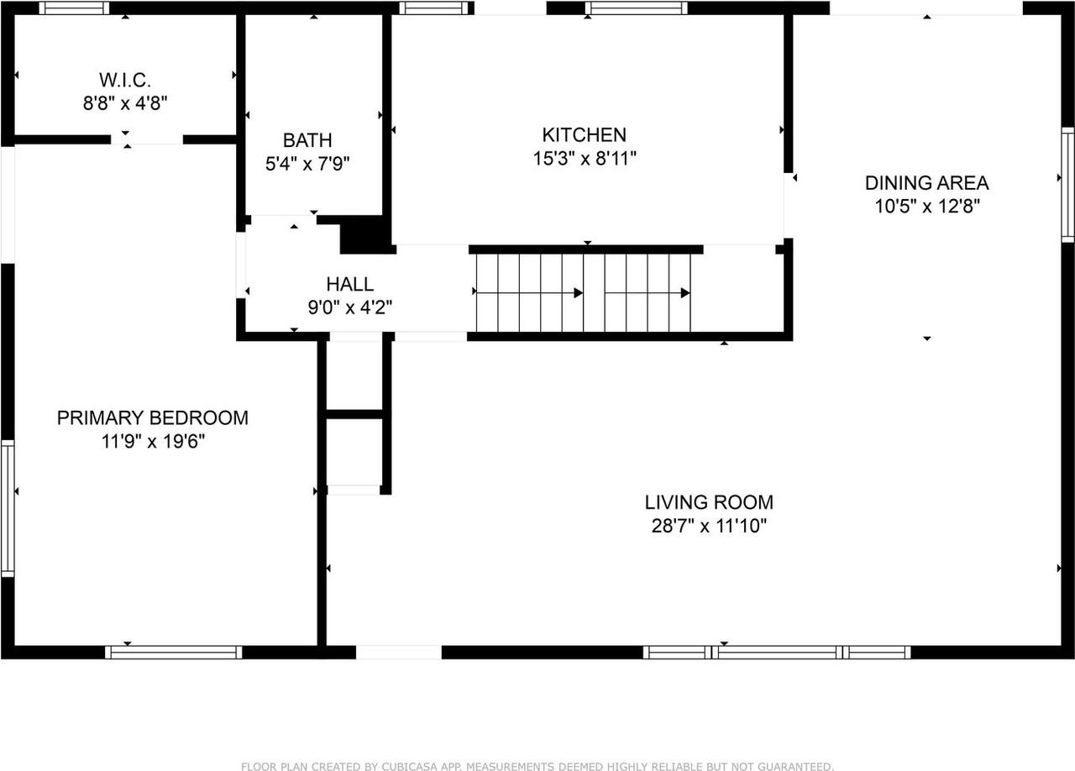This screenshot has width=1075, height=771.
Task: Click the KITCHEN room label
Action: pos(584,134)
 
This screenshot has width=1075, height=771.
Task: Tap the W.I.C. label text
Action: pos(124,81)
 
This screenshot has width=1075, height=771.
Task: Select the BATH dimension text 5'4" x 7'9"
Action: pos(307,163)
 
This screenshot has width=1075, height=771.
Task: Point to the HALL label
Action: pos(349,285)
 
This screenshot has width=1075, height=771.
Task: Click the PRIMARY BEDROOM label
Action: pos(152,417)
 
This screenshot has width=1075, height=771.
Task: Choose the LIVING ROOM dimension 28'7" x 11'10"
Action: pos(709,526)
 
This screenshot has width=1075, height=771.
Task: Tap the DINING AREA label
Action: pos(926,182)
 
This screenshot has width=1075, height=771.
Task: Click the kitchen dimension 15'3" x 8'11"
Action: pos(584,158)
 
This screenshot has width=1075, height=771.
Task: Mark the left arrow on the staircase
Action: pos(529,293)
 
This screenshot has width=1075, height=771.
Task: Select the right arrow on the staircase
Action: pos(648,293)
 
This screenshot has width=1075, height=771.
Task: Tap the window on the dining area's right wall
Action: pos(1067,185)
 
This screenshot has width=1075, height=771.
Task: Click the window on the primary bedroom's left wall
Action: pos(8,507)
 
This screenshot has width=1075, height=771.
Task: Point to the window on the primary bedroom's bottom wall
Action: pos(174,652)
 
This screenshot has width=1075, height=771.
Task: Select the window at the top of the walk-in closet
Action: pos(74,8)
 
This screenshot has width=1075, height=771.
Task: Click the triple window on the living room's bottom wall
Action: pos(777,652)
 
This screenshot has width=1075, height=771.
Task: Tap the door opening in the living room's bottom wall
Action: pos(398,652)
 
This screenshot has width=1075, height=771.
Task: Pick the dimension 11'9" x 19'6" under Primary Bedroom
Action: pos(152,441)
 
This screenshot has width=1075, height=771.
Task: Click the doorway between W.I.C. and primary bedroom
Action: pos(147,139)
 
